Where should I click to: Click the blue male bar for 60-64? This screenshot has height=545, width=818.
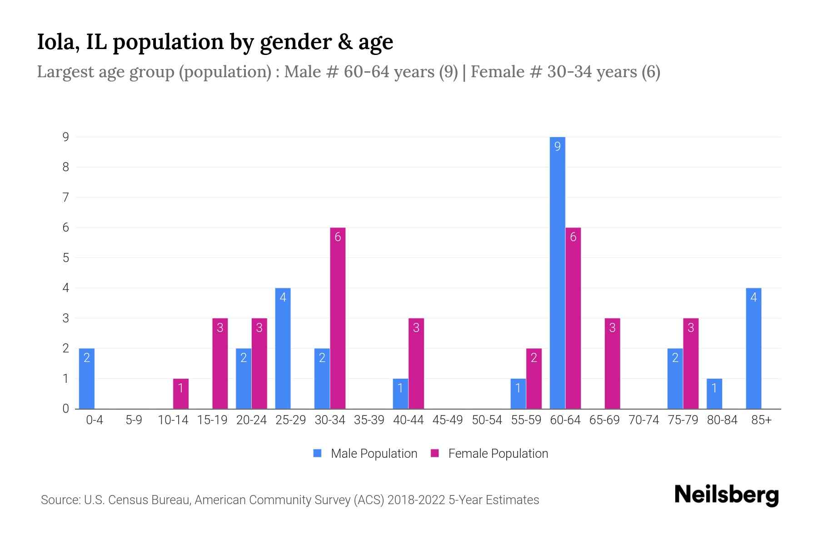(557, 272)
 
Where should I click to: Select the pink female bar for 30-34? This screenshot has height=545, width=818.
(338, 318)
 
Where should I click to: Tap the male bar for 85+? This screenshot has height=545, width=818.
(753, 348)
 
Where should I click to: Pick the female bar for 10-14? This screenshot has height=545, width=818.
(181, 394)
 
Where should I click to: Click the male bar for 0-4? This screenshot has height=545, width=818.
(87, 378)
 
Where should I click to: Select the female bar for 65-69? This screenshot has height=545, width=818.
(612, 363)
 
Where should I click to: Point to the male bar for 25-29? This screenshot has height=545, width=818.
(283, 348)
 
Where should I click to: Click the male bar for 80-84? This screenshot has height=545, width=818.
(714, 394)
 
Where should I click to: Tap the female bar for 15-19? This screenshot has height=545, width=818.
(220, 363)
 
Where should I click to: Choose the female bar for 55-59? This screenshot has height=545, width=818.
(534, 378)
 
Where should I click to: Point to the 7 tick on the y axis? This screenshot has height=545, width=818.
(66, 197)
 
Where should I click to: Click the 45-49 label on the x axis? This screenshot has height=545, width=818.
(448, 420)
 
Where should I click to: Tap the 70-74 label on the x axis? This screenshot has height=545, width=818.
(643, 420)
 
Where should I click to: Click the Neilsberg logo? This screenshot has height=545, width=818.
(726, 495)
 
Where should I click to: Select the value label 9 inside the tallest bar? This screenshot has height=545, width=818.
(557, 146)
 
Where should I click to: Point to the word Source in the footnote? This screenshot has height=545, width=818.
(59, 500)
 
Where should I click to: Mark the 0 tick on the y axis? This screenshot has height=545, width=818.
(66, 409)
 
